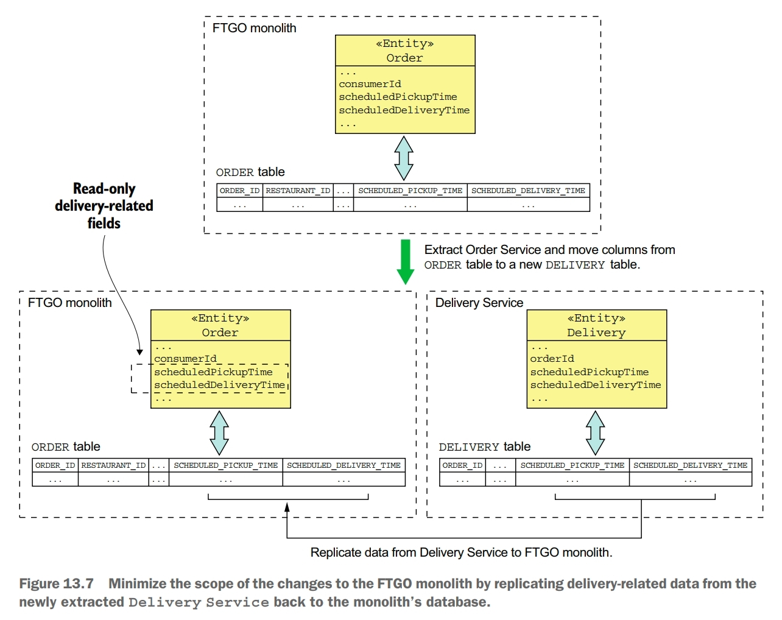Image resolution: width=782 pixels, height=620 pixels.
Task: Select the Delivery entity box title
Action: point(596,325)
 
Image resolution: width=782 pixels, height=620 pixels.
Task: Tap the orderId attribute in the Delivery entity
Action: point(552,359)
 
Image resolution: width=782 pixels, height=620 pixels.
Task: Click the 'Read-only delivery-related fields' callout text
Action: point(104,206)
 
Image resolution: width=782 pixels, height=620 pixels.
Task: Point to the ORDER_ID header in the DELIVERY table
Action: point(462,465)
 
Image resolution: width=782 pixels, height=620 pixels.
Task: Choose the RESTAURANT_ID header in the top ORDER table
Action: point(298,191)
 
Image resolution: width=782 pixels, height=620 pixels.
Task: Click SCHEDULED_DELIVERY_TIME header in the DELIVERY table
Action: point(690,465)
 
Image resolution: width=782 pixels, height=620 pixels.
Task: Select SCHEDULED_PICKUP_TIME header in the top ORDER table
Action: point(410,191)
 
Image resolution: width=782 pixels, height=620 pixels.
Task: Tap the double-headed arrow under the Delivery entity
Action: point(595,433)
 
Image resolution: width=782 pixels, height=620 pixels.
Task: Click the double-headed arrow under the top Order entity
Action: point(404,158)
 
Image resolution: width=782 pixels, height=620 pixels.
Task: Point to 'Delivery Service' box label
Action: point(479,303)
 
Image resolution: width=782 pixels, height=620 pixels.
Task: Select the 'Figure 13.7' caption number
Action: point(56,583)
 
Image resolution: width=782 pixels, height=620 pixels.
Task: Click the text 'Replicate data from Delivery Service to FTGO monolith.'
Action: point(461,552)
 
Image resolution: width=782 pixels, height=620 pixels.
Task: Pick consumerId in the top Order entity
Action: point(370,84)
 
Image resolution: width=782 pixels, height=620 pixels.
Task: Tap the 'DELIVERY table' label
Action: point(484,446)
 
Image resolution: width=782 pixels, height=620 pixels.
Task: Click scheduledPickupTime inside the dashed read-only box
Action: point(213,372)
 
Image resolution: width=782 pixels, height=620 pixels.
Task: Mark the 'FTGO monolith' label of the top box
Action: point(254,28)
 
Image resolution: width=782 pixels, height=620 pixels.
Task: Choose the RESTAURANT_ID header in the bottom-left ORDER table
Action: point(113,465)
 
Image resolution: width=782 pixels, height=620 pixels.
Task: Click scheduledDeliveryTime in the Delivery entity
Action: point(595,385)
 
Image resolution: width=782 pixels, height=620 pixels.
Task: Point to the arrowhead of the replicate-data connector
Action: point(287,507)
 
